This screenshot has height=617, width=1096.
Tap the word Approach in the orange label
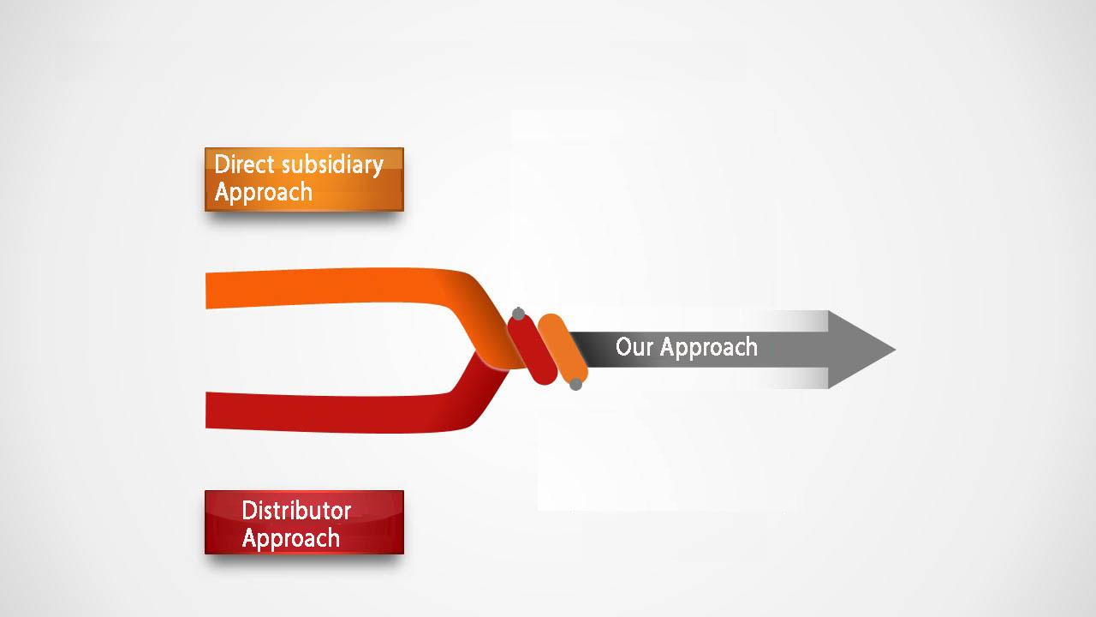coord(263,192)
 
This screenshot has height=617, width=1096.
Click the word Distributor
coord(296,511)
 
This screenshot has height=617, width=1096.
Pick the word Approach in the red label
coord(290,538)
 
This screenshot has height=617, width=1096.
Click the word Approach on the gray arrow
coord(708,348)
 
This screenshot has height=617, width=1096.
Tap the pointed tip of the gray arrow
coord(896,350)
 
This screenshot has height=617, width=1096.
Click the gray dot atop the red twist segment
coord(519,314)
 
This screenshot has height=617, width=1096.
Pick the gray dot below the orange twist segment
coord(576,385)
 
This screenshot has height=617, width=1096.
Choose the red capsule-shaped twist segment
coord(533,349)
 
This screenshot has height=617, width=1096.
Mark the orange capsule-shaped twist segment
coord(563,349)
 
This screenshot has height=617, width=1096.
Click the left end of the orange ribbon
coord(207,291)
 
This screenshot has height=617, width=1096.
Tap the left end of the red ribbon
coord(207,410)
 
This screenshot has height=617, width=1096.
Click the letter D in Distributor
coord(248,511)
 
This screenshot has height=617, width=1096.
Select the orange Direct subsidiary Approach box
coord(304,179)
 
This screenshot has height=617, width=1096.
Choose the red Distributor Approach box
coord(304,522)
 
